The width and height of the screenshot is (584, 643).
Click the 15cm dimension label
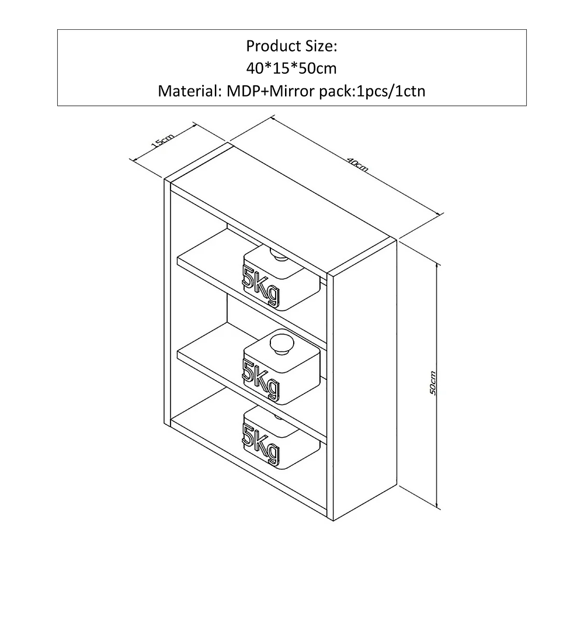[163, 141]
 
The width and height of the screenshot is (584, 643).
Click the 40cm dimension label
[358, 164]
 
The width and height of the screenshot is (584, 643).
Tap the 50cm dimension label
[433, 383]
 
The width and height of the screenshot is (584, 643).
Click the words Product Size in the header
[291, 46]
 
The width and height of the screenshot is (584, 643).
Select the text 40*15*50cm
[291, 68]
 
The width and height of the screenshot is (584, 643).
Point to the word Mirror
[293, 91]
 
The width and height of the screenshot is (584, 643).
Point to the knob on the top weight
[280, 255]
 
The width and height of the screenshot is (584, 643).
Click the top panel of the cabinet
[280, 208]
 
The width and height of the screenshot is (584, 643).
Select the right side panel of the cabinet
[365, 379]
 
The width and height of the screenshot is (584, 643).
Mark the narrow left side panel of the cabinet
[167, 302]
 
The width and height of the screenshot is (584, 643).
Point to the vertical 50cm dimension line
[437, 385]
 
